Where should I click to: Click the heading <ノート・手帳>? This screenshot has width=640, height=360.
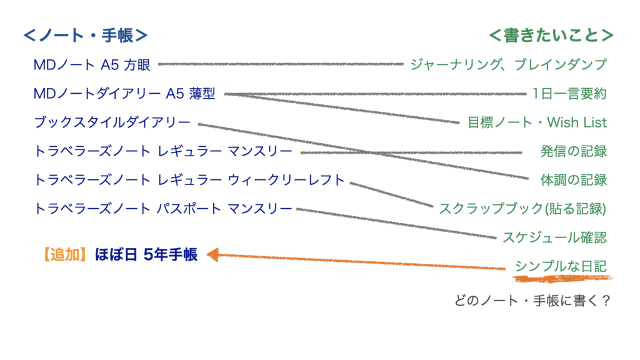[86, 36]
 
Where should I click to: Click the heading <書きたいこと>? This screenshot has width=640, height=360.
[551, 36]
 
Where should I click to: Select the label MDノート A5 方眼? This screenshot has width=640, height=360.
[92, 64]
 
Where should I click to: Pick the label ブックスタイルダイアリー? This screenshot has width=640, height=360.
[112, 122]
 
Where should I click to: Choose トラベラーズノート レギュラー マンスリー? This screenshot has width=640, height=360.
[163, 151]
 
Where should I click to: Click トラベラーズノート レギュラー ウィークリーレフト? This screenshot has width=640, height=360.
[189, 180]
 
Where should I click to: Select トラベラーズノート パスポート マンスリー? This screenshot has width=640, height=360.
[163, 209]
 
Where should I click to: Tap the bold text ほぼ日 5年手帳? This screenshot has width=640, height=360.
[146, 254]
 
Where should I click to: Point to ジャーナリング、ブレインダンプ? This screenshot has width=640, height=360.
[508, 64]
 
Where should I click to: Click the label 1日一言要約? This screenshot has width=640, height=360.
[569, 94]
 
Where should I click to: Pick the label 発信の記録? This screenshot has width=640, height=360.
[574, 151]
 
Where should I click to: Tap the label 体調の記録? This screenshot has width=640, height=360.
[574, 180]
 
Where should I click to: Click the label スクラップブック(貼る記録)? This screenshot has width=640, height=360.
[523, 209]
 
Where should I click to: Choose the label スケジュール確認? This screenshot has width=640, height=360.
[555, 237]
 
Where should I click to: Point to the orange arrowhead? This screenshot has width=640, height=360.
[212, 254]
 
